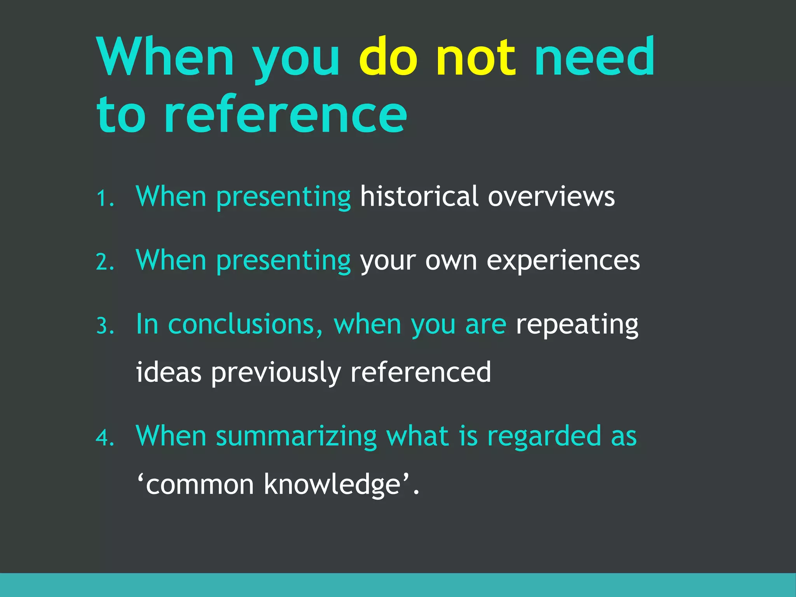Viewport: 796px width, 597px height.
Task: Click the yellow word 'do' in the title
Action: (x=388, y=57)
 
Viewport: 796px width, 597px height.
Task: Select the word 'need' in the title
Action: (x=595, y=57)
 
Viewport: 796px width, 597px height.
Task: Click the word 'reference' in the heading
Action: (x=286, y=115)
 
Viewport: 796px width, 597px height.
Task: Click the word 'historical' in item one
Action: (x=419, y=196)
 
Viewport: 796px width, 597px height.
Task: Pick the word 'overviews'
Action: (x=551, y=196)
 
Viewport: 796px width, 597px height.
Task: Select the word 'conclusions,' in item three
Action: (x=245, y=325)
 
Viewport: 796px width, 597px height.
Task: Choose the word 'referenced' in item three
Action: (x=421, y=372)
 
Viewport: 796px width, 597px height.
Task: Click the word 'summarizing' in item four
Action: (x=296, y=436)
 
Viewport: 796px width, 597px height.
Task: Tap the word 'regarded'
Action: (x=544, y=436)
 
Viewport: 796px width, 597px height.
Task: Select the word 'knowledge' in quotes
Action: (x=332, y=485)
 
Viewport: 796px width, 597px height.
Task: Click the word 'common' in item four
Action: (x=200, y=485)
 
